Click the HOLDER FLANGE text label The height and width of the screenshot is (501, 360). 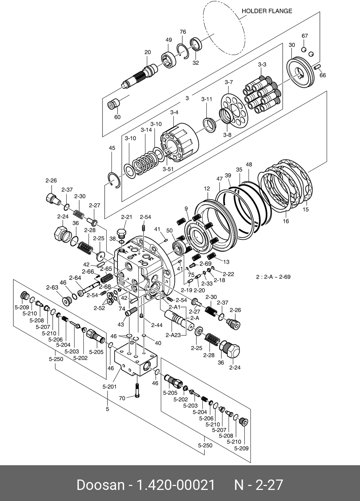click(x=267, y=11)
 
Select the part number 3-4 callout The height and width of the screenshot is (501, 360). click(x=174, y=112)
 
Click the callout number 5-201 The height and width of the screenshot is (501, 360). click(x=110, y=386)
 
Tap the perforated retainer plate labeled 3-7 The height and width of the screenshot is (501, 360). click(x=234, y=111)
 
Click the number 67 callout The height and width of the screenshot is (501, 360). click(x=304, y=36)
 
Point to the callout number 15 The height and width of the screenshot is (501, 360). click(x=306, y=209)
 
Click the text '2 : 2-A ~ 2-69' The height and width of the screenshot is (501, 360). click(x=273, y=277)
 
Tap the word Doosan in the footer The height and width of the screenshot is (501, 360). click(x=100, y=485)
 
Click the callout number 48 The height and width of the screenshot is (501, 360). click(x=249, y=165)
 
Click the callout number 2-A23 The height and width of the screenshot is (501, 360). click(x=173, y=335)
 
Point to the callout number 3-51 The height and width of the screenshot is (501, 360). click(x=168, y=169)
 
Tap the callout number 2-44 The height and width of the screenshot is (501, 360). click(x=157, y=325)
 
